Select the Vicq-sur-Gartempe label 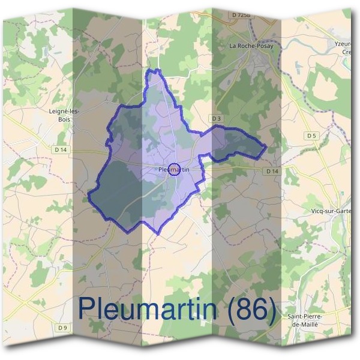pos(329,211)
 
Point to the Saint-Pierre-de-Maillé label pos(306,320)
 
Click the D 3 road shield pos(217,119)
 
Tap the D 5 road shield pos(311,136)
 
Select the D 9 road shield pos(63,328)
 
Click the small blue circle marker pos(174,170)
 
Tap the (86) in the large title pos(253,308)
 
